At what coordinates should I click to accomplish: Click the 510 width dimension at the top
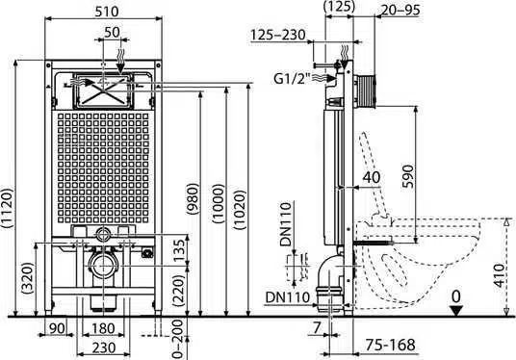point(106,12)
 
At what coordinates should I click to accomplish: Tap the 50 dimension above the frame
point(112,33)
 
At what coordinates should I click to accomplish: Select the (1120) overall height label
point(8,208)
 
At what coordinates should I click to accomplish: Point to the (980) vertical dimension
point(193,199)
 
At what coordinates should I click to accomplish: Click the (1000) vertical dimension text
point(219,204)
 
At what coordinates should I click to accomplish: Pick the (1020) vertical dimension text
point(240,210)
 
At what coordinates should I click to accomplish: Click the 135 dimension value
point(179,250)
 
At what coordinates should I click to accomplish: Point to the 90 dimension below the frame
point(57,328)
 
